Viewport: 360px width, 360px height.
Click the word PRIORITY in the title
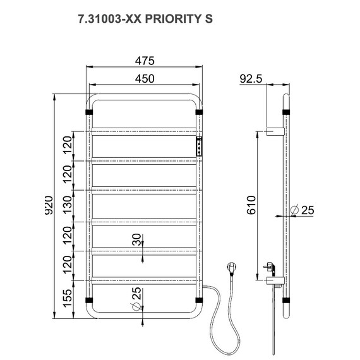click(173, 19)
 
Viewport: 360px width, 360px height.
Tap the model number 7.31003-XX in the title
click(110, 19)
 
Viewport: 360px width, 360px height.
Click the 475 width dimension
click(145, 61)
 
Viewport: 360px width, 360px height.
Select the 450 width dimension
click(145, 79)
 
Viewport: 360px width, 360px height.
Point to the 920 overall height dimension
click(49, 205)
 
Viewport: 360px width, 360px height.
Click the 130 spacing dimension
click(68, 205)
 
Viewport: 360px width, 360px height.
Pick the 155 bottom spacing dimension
click(68, 298)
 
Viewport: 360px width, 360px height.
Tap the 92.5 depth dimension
click(251, 79)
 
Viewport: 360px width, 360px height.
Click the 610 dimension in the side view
click(251, 205)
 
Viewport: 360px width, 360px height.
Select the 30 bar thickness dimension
click(137, 239)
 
